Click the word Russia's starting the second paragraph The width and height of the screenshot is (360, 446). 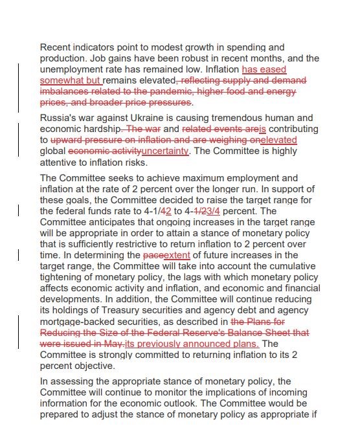point(58,118)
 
